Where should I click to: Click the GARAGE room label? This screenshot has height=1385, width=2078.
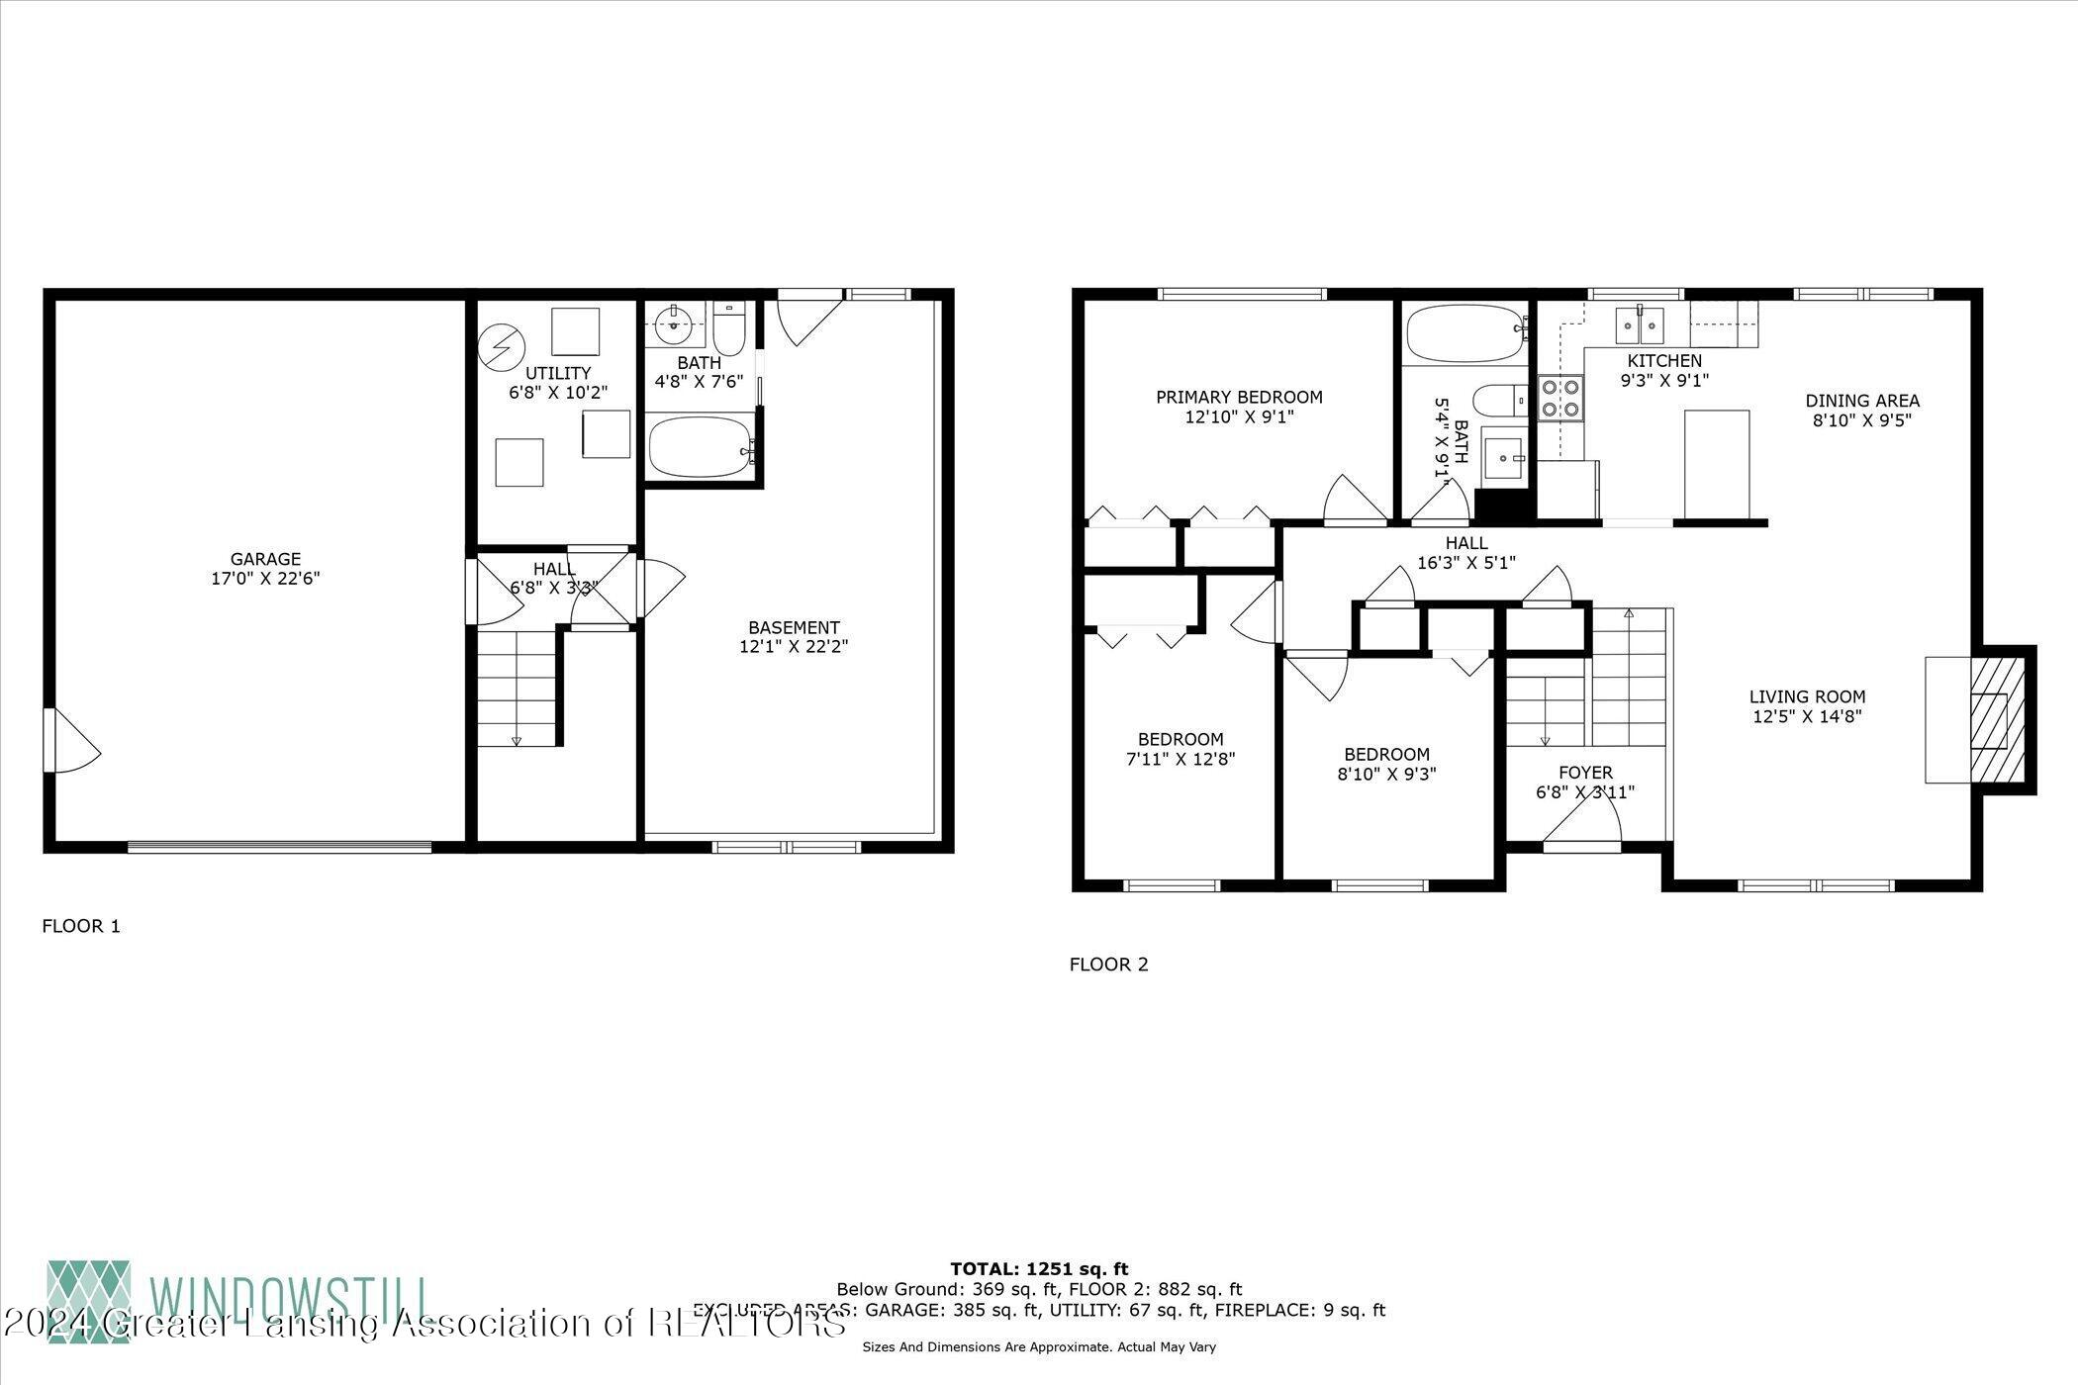pyautogui.click(x=264, y=559)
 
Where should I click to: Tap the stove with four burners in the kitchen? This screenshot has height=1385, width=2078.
pyautogui.click(x=1559, y=398)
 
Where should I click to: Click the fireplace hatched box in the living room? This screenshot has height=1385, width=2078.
pyautogui.click(x=1987, y=719)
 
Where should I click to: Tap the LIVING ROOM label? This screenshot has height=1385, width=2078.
pyautogui.click(x=1807, y=696)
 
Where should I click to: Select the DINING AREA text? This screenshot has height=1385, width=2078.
pyautogui.click(x=1862, y=401)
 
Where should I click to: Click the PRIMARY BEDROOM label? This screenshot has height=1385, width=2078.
pyautogui.click(x=1239, y=397)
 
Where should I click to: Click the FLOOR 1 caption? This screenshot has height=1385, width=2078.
pyautogui.click(x=81, y=926)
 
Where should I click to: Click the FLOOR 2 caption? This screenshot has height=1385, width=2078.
pyautogui.click(x=1108, y=964)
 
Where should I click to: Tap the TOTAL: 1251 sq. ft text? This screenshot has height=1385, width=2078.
pyautogui.click(x=1039, y=1268)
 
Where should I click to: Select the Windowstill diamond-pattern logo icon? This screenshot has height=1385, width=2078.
pyautogui.click(x=89, y=1301)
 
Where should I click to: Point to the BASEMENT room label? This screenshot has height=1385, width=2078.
pyautogui.click(x=794, y=627)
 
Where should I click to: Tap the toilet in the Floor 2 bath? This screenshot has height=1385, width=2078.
pyautogui.click(x=1500, y=402)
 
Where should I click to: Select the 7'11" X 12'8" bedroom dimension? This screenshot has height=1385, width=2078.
pyautogui.click(x=1181, y=759)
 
